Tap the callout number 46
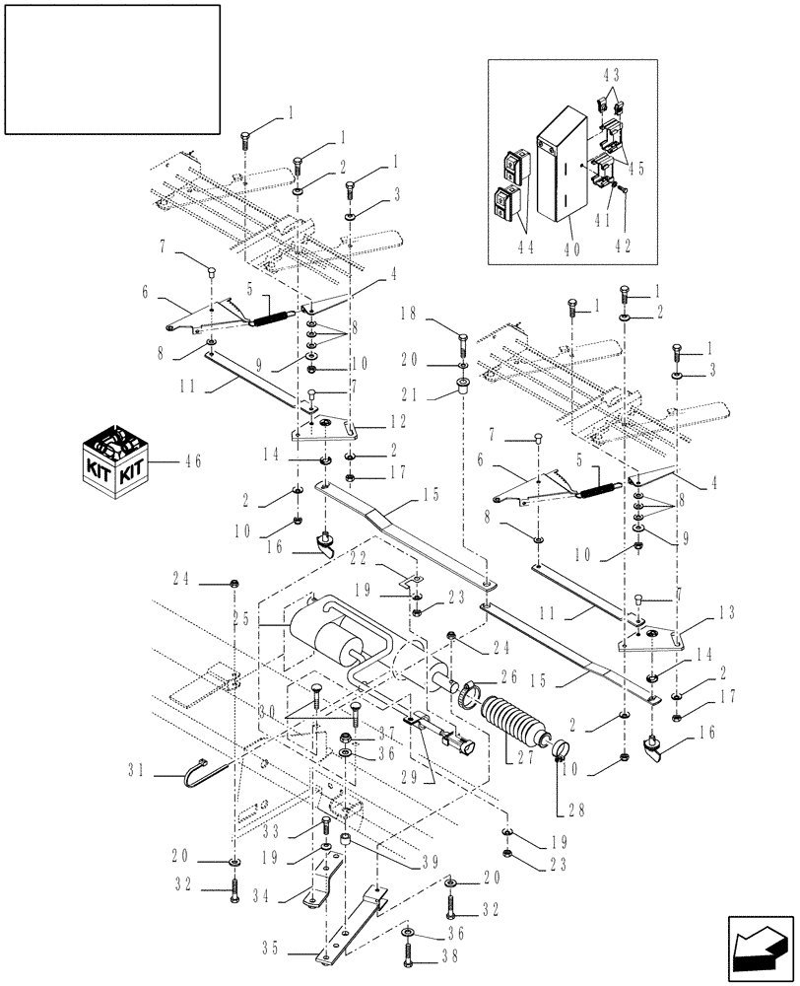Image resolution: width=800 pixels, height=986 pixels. (x=188, y=460)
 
